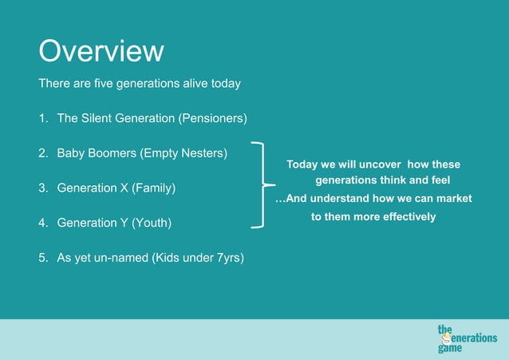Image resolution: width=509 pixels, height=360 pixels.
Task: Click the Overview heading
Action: [101, 52]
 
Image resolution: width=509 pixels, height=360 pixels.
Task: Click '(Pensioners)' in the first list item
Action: [212, 118]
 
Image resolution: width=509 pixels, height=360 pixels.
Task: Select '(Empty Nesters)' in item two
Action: [186, 152]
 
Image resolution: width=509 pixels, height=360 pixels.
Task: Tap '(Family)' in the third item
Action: [153, 188]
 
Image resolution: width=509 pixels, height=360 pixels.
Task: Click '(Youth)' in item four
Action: [152, 224]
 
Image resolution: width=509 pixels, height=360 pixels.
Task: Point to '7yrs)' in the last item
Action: [230, 258]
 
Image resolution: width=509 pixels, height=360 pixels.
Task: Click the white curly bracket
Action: [260, 185]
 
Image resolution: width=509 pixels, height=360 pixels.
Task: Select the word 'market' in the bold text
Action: [454, 198]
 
